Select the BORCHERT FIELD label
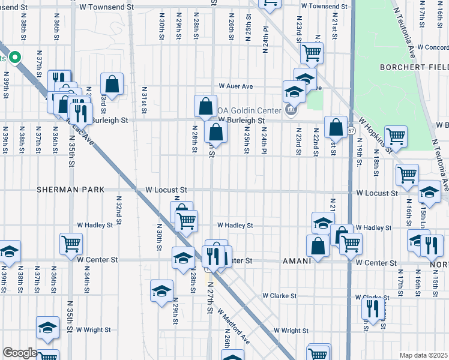point(414,68)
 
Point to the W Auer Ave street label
point(236,86)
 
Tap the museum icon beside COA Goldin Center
point(291,109)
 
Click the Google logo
point(19,353)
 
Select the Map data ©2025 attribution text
point(423,355)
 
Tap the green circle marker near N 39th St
point(14,58)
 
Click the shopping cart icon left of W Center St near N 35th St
point(71,244)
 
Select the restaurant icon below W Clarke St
point(373,308)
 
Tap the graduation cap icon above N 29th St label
point(161,290)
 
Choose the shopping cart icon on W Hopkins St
point(396,136)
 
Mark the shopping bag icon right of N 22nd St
point(336,127)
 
